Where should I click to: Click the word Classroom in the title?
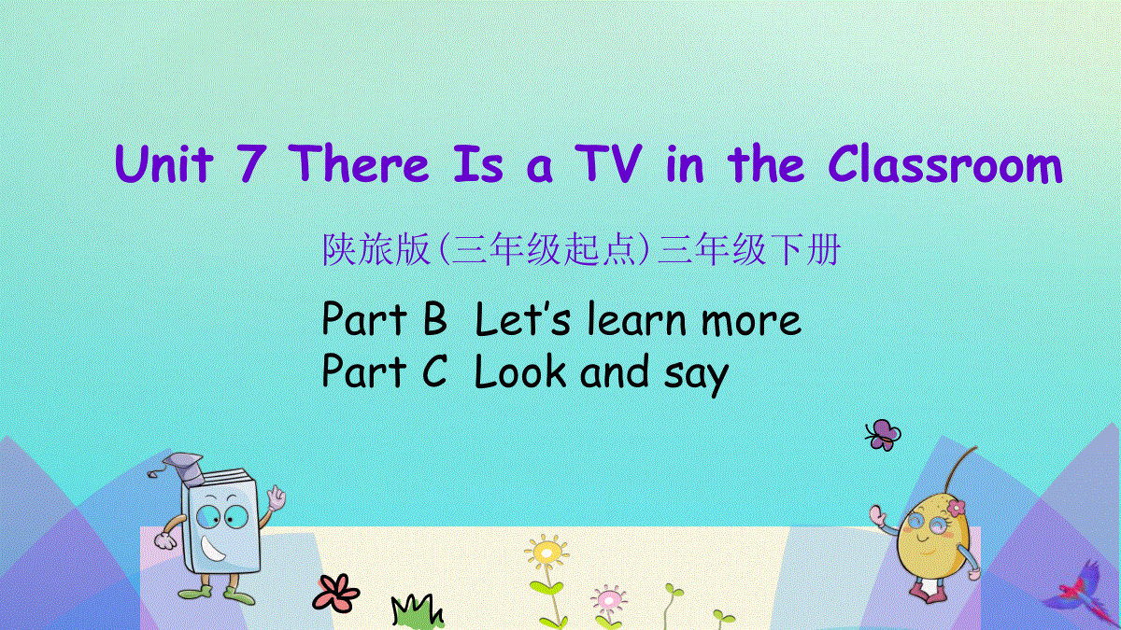(x=944, y=164)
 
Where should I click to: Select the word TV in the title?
(x=608, y=163)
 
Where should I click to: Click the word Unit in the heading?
(x=164, y=163)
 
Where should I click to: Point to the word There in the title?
(x=359, y=163)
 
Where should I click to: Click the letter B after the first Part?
(x=435, y=318)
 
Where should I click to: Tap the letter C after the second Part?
(x=434, y=371)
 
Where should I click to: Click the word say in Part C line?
(x=696, y=375)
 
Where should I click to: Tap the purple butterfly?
(x=883, y=435)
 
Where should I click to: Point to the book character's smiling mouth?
(x=213, y=550)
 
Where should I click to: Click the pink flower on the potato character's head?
(x=956, y=508)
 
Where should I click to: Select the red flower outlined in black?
(x=335, y=594)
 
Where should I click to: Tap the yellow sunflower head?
(x=546, y=552)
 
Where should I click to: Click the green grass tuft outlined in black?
(x=417, y=611)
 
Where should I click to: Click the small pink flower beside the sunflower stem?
(x=608, y=599)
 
